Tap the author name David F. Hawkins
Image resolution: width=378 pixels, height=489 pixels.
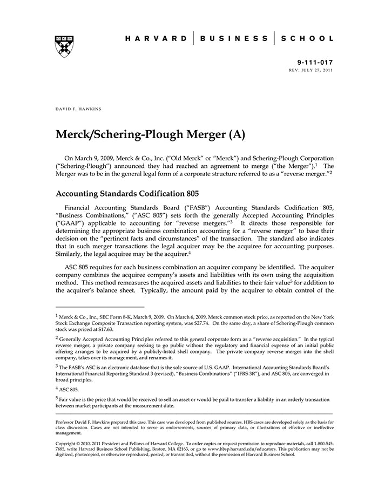pos(78,109)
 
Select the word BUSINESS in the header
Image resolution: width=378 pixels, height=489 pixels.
pos(233,38)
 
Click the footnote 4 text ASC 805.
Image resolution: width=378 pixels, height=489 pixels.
pos(70,389)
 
